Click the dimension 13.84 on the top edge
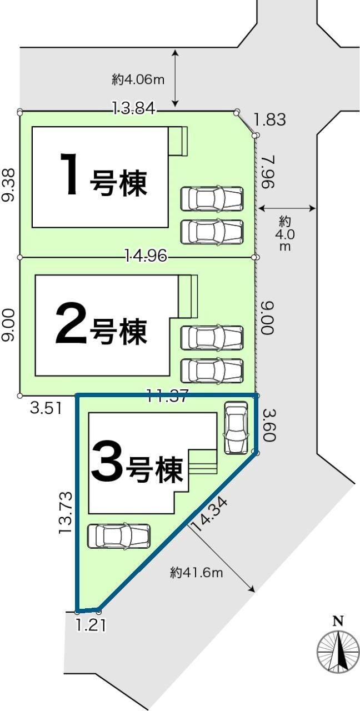(133, 109)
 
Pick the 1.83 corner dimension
(269, 119)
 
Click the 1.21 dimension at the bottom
(91, 625)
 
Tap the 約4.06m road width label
(138, 79)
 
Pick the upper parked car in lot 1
(212, 198)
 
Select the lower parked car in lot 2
(212, 370)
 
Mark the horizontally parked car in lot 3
(119, 536)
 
